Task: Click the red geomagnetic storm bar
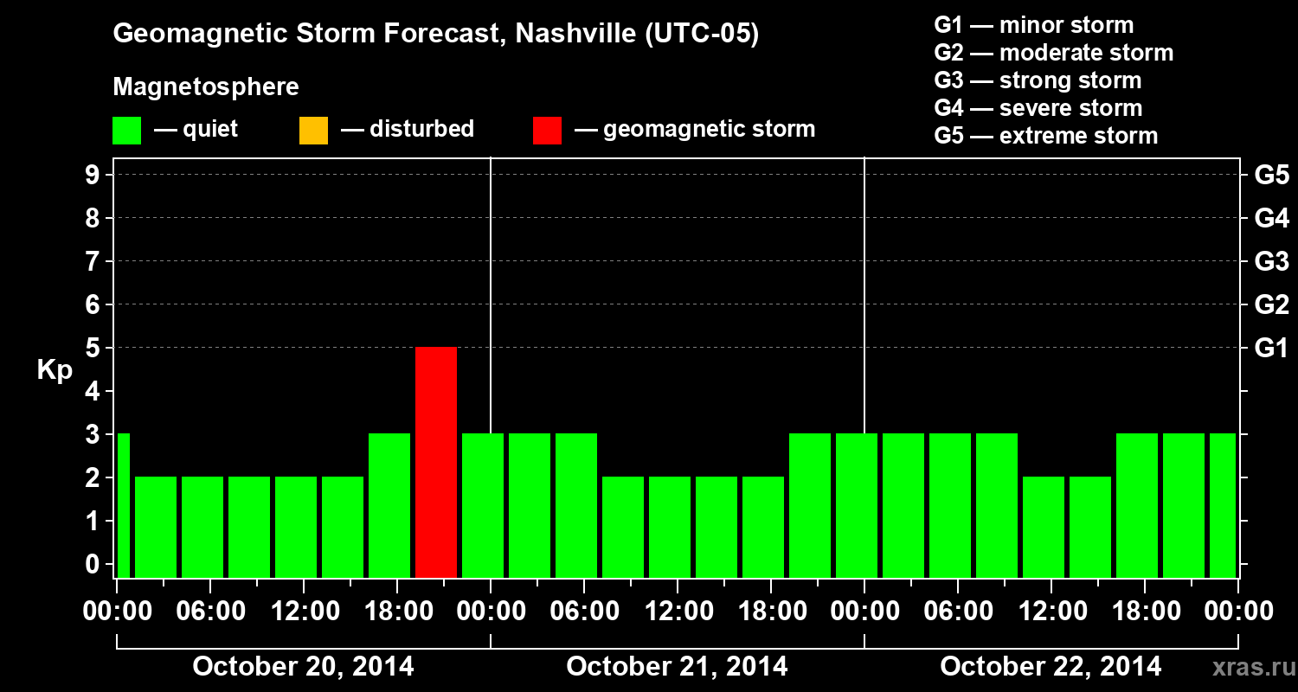[x=436, y=462]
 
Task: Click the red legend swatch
[x=547, y=131]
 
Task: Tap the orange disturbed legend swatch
[x=313, y=131]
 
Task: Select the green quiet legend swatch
[x=126, y=131]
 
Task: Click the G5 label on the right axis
[x=1271, y=176]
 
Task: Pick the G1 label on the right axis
[x=1271, y=349]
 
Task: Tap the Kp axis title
[x=55, y=370]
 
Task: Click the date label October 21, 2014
[x=677, y=667]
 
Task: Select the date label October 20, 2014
[x=303, y=667]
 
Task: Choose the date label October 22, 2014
[x=1051, y=667]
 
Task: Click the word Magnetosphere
[x=206, y=87]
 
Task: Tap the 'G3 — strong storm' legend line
[x=1038, y=80]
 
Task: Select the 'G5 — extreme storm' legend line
[x=1045, y=136]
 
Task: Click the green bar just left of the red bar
[x=389, y=505]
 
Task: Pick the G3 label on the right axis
[x=1271, y=262]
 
